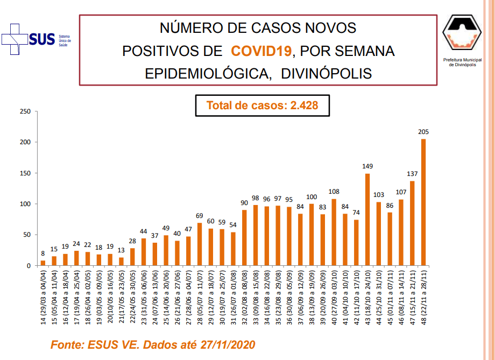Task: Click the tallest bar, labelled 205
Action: coord(423,202)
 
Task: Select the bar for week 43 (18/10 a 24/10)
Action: coord(367,220)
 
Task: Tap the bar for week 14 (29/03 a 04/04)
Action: coord(43,263)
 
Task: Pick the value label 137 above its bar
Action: coord(412,174)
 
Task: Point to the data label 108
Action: coord(334,192)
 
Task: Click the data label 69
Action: coord(199,216)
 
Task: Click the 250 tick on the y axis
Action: coord(25,111)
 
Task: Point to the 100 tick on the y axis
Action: coord(25,204)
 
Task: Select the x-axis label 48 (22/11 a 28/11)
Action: coord(423,297)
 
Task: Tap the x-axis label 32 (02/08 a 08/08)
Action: coord(244,297)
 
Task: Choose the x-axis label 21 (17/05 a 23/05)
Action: coord(122,297)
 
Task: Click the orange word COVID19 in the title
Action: coord(261,51)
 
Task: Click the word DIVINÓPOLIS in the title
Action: coord(327,74)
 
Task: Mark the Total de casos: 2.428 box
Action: coord(263,105)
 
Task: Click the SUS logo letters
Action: coord(42,39)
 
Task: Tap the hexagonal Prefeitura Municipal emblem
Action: coord(462,32)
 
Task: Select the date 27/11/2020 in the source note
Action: coord(228,344)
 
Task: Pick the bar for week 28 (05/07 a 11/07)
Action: coord(200,244)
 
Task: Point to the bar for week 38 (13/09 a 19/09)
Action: coord(312,235)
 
